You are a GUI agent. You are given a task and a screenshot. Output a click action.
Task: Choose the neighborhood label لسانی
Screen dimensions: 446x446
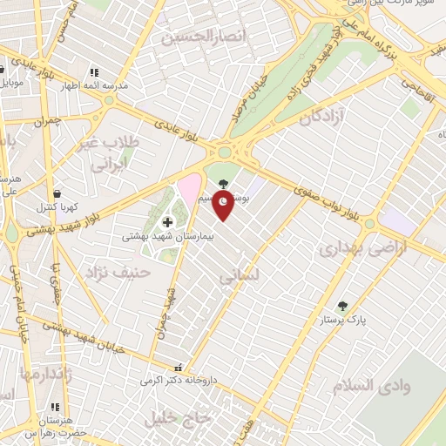[235, 278]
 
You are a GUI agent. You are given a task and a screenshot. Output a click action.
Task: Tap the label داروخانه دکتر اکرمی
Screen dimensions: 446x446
[178, 381]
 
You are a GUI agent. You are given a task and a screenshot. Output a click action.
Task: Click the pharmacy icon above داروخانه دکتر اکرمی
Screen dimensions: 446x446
[179, 368]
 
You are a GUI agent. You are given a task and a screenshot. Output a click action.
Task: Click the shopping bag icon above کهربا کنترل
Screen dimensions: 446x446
[57, 194]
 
